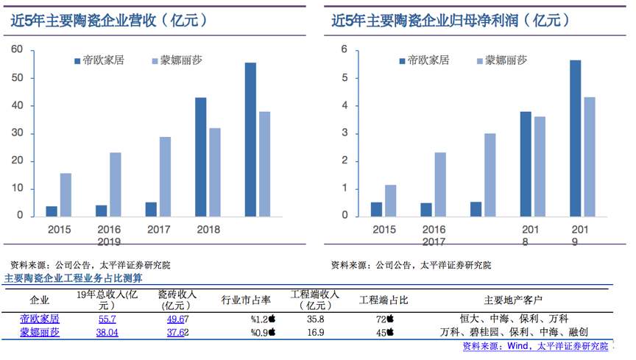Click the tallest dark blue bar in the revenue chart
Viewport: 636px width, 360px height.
tap(251, 140)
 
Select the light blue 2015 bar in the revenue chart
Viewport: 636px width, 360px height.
tap(66, 195)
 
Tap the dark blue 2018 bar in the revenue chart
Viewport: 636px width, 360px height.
tap(200, 157)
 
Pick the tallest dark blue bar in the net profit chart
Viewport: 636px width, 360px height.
tap(576, 138)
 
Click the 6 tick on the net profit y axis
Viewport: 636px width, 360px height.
tap(343, 50)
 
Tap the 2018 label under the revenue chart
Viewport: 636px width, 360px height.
tap(208, 230)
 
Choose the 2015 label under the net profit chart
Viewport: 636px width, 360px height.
tap(384, 230)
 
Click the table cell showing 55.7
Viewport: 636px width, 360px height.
tap(107, 319)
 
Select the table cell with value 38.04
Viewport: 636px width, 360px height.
tap(107, 332)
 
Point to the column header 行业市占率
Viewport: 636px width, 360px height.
tap(247, 300)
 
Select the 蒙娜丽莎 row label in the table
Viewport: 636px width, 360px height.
tap(40, 332)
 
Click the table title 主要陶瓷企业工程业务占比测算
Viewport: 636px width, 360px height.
tap(74, 278)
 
